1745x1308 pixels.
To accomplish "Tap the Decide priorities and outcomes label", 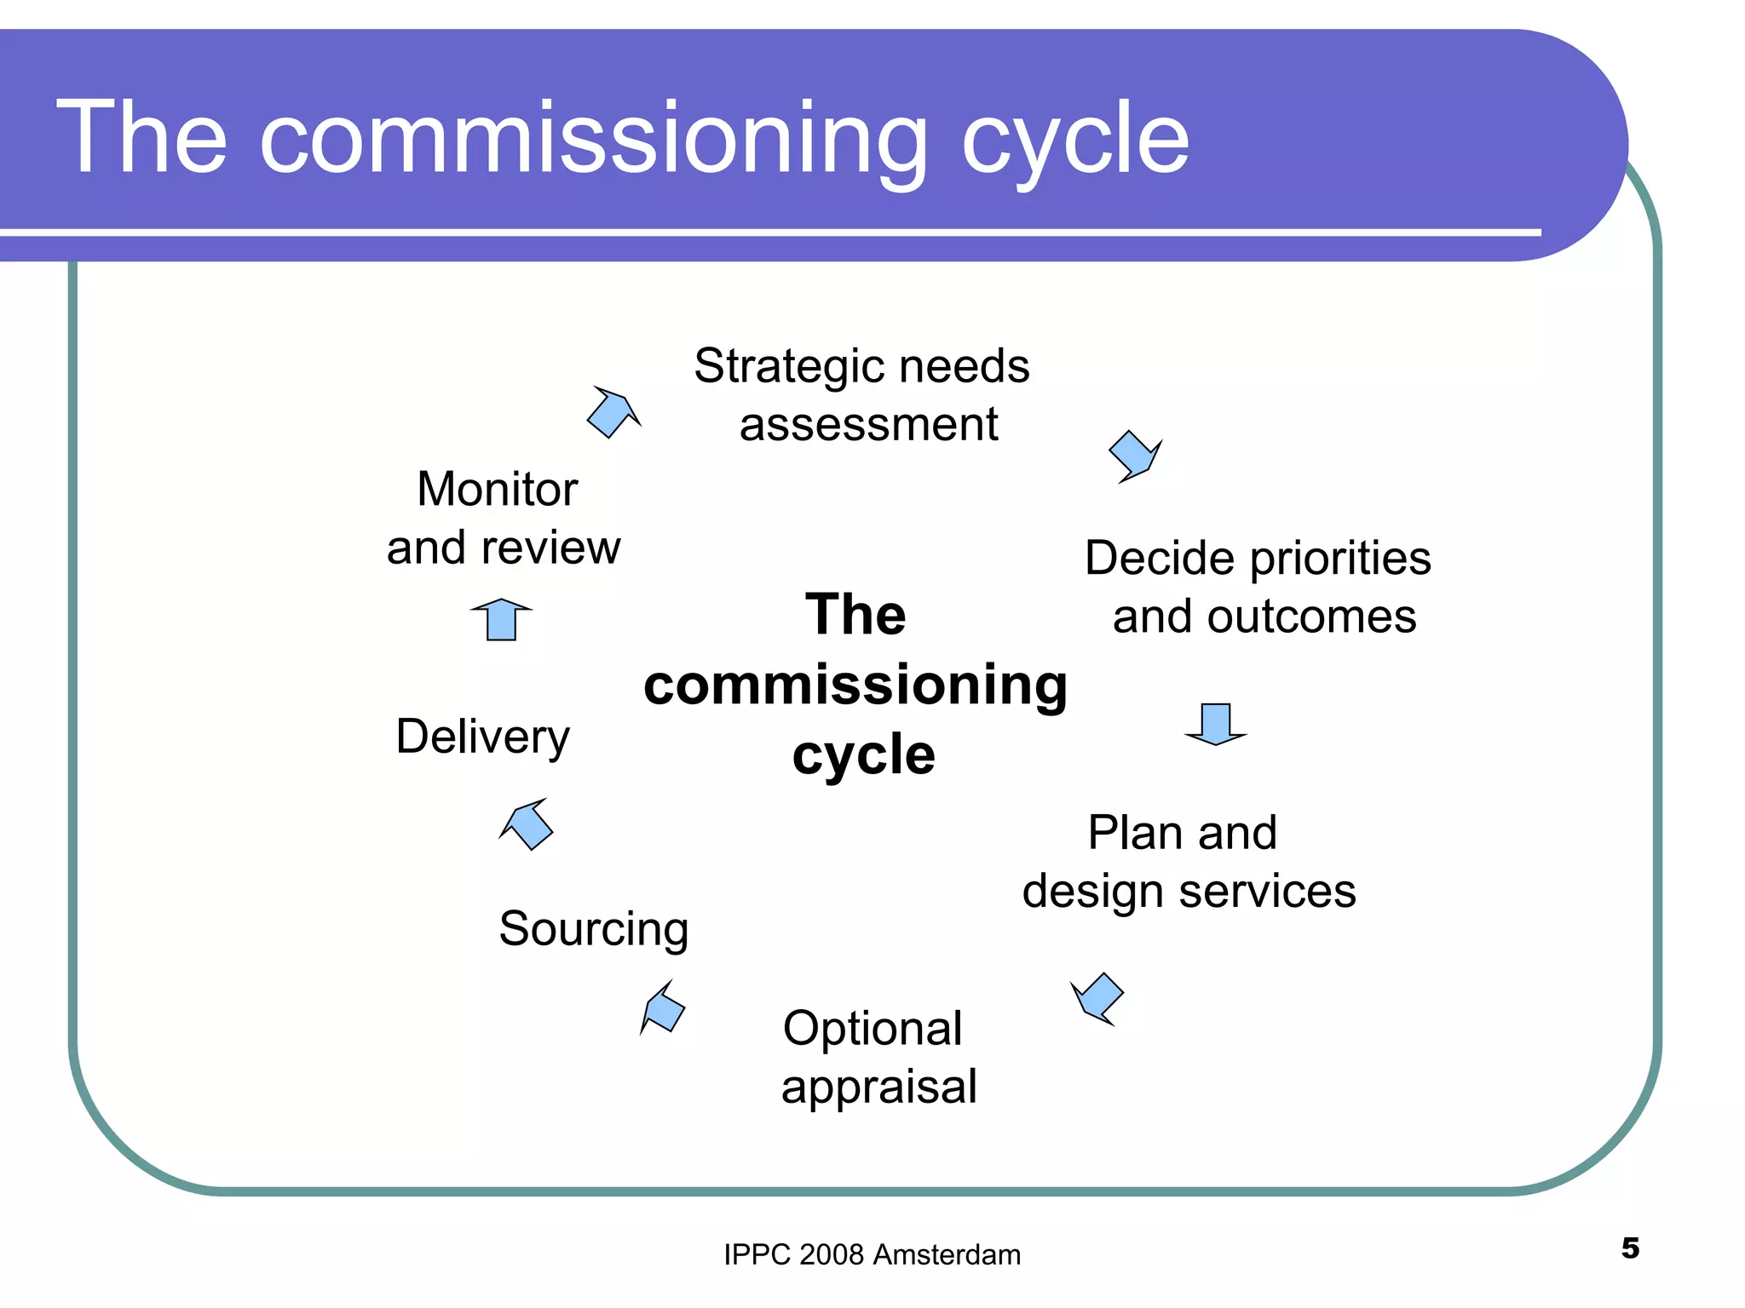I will [x=1258, y=587].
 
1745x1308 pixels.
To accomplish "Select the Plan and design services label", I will [x=1189, y=861].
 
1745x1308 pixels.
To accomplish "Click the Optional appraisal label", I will [x=878, y=1057].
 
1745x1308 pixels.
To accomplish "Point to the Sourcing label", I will [x=594, y=928].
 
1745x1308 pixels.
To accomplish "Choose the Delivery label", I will [x=483, y=737].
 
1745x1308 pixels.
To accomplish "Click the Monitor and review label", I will [x=503, y=518].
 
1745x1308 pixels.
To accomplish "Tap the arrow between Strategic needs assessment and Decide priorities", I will [x=1135, y=456].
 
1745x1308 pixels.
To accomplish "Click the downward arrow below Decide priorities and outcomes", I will [x=1216, y=723].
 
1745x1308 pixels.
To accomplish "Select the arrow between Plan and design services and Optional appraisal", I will [x=1098, y=997].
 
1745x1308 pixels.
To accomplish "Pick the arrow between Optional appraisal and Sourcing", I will [x=663, y=1008].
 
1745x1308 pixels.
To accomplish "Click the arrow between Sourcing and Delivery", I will [x=527, y=823].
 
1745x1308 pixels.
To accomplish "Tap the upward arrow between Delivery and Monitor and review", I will [x=502, y=619].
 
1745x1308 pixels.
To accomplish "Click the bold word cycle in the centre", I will [x=863, y=754].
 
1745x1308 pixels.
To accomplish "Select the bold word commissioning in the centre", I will [x=855, y=685].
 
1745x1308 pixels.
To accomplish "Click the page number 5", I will [x=1630, y=1248].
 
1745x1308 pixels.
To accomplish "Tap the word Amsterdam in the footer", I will [x=947, y=1255].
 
